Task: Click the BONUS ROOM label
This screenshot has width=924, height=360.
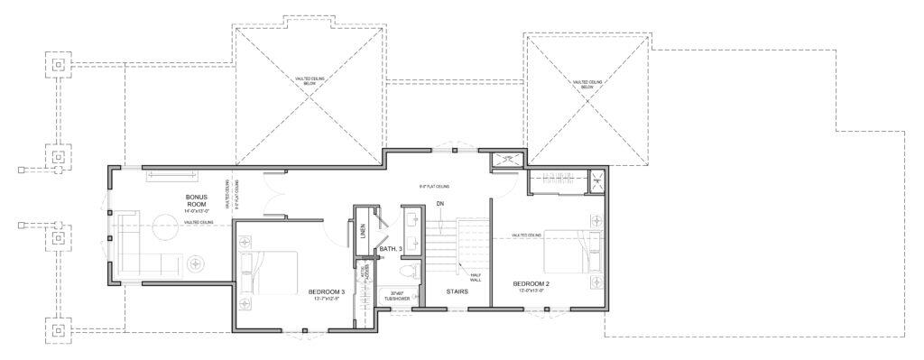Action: pyautogui.click(x=197, y=200)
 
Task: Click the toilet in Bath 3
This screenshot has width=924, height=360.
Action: pyautogui.click(x=406, y=272)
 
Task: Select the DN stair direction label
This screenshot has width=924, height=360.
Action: pyautogui.click(x=439, y=203)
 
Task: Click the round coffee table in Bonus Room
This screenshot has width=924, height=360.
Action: pyautogui.click(x=165, y=226)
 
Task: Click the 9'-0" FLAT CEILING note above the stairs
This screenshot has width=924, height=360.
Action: pyautogui.click(x=435, y=187)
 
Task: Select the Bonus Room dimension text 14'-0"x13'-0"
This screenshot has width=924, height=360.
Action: pyautogui.click(x=197, y=211)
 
